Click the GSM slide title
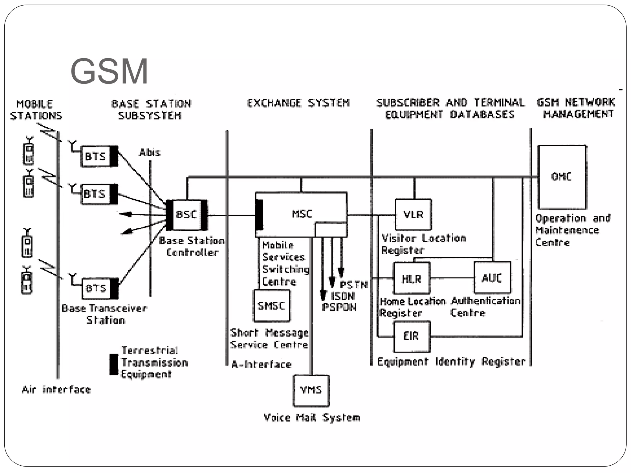click(x=109, y=71)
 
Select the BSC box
click(x=186, y=215)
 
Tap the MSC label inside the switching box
click(x=302, y=214)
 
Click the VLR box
click(x=413, y=215)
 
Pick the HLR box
click(x=411, y=278)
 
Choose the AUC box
click(x=492, y=278)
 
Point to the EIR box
click(x=412, y=336)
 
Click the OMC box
click(x=562, y=177)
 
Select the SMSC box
click(x=271, y=306)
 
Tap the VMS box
click(x=311, y=390)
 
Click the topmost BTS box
click(x=96, y=156)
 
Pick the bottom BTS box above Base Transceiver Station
click(x=96, y=289)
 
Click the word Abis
click(x=150, y=152)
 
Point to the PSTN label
click(x=354, y=285)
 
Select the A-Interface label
click(x=261, y=365)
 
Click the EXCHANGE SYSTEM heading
click(x=298, y=103)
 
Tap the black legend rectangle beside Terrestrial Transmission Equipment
click(x=114, y=364)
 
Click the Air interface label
click(x=56, y=390)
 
